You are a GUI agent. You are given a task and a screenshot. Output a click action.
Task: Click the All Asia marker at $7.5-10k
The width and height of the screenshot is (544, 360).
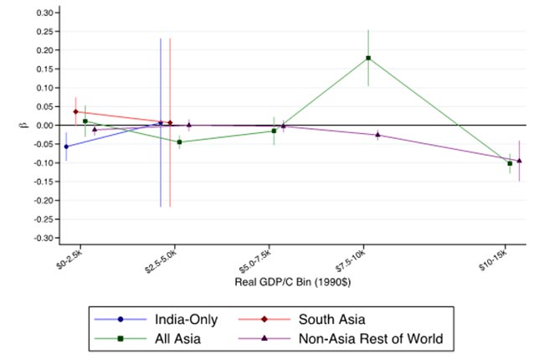pyautogui.click(x=368, y=58)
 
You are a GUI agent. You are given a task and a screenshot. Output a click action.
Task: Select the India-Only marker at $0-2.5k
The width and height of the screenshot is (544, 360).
pyautogui.click(x=66, y=147)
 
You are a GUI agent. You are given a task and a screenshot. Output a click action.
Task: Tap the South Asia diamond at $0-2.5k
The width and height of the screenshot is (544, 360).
pyautogui.click(x=75, y=111)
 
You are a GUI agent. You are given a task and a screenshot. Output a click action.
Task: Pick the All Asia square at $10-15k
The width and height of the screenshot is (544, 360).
pyautogui.click(x=510, y=163)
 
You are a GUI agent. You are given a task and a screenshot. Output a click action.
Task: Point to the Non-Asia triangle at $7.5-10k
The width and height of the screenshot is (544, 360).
pyautogui.click(x=377, y=134)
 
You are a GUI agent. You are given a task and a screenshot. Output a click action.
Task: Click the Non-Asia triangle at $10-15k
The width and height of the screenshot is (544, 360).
pyautogui.click(x=519, y=160)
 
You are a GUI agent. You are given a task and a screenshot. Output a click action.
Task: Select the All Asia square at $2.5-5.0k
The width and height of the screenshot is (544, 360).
pyautogui.click(x=179, y=141)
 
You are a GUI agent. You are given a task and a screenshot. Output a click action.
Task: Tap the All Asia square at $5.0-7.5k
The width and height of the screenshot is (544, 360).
pyautogui.click(x=274, y=131)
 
